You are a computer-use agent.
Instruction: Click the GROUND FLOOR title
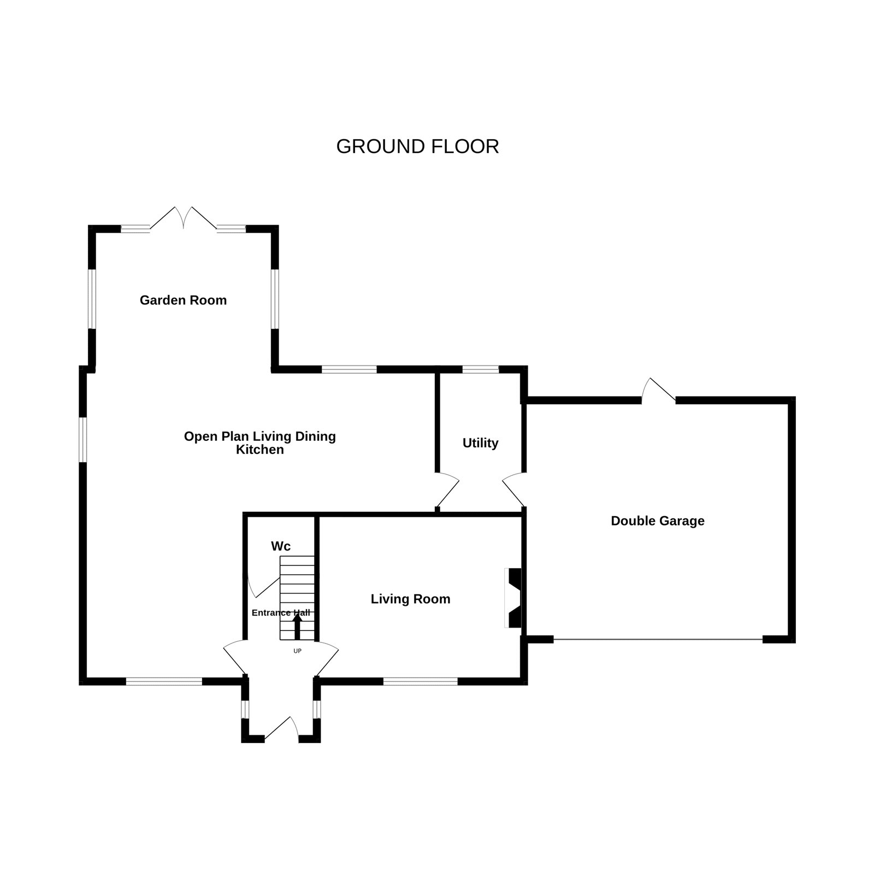click(x=417, y=146)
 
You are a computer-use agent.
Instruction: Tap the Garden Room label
click(x=183, y=300)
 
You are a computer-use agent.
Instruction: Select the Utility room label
click(x=480, y=443)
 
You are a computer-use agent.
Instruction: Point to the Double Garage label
click(x=658, y=521)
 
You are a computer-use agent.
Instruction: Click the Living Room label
click(x=411, y=599)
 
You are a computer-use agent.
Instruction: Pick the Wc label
click(x=281, y=546)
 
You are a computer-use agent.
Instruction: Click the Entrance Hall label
click(x=281, y=613)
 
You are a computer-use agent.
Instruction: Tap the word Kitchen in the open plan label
click(x=260, y=450)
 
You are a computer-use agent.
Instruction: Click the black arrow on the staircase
click(x=298, y=626)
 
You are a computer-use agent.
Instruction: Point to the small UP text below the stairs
click(x=298, y=651)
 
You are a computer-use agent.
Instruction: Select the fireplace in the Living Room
click(x=512, y=598)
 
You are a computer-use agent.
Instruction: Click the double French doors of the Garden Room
click(x=183, y=218)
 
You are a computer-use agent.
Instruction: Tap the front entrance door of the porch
click(x=282, y=730)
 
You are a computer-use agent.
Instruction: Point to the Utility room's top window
click(x=481, y=369)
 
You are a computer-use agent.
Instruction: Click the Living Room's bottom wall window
click(x=420, y=681)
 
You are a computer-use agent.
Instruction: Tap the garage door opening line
click(x=658, y=639)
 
